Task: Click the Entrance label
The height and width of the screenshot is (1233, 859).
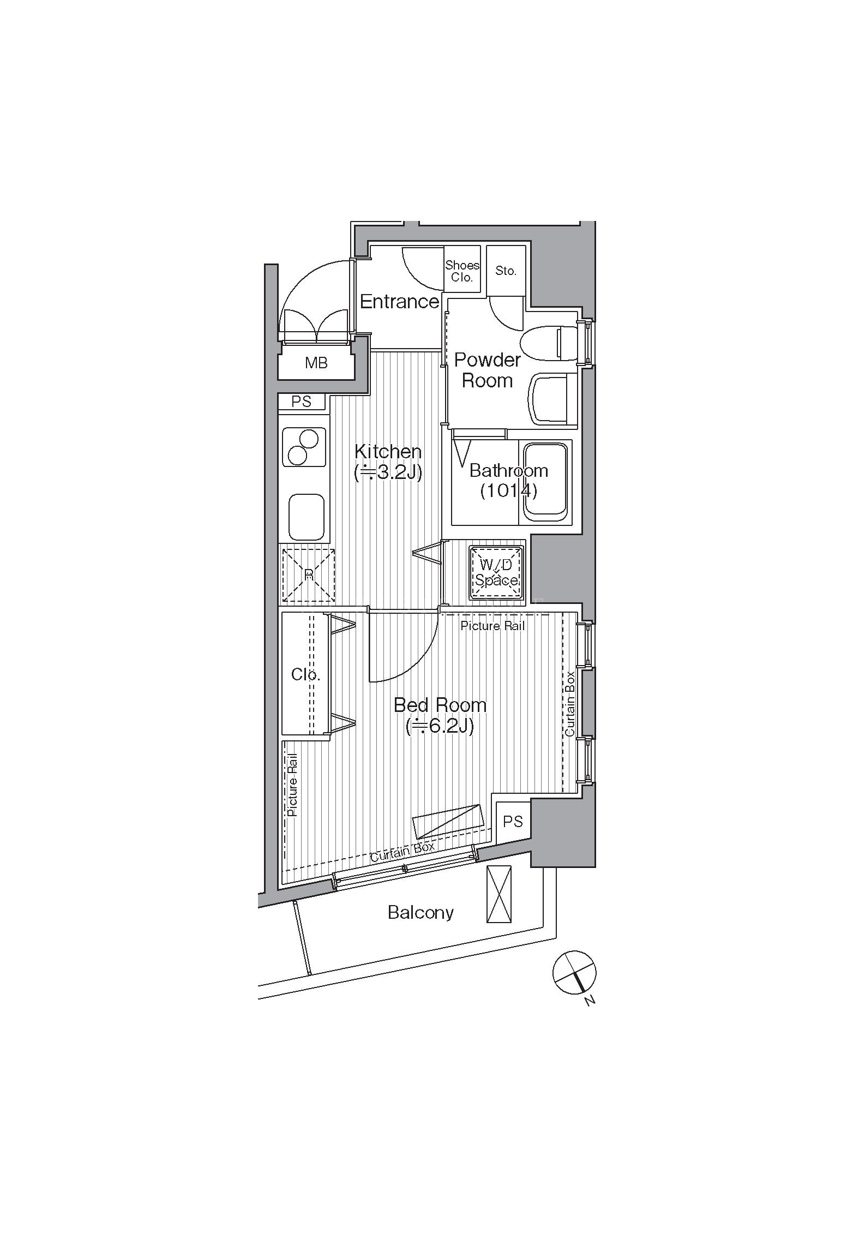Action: (x=399, y=301)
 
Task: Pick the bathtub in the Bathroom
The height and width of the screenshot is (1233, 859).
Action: (x=546, y=482)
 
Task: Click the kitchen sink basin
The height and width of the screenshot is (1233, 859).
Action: (x=306, y=517)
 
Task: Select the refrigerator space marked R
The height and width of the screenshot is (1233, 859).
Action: (x=308, y=574)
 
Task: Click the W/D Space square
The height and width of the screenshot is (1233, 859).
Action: (x=496, y=572)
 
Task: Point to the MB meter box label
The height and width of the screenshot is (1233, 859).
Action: (x=316, y=362)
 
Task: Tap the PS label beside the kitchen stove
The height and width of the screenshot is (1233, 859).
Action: (x=301, y=402)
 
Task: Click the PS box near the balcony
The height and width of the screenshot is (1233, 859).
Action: (x=512, y=822)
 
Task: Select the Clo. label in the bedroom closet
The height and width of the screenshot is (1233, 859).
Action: (x=305, y=675)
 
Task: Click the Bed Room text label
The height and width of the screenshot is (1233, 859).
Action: (x=440, y=705)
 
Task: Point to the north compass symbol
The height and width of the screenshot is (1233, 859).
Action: (x=574, y=973)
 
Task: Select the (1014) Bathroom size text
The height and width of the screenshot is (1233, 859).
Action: (x=508, y=491)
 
